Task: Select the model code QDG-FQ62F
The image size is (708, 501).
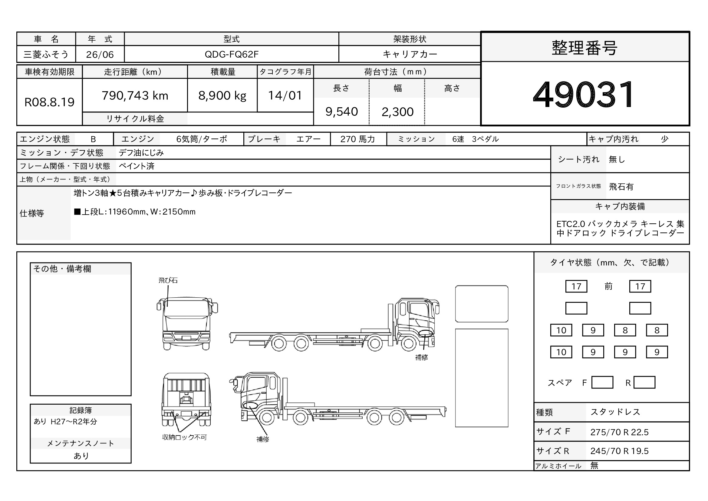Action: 232,54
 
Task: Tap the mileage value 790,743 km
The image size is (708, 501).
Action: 135,96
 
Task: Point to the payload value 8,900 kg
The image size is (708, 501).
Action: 222,96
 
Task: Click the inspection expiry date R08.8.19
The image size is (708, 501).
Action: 49,102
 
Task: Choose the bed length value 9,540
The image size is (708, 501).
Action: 342,112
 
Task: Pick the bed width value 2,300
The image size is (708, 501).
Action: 397,112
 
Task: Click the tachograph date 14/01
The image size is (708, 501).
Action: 285,96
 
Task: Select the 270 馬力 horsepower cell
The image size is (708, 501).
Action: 358,139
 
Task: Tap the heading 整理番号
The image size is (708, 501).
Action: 584,48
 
